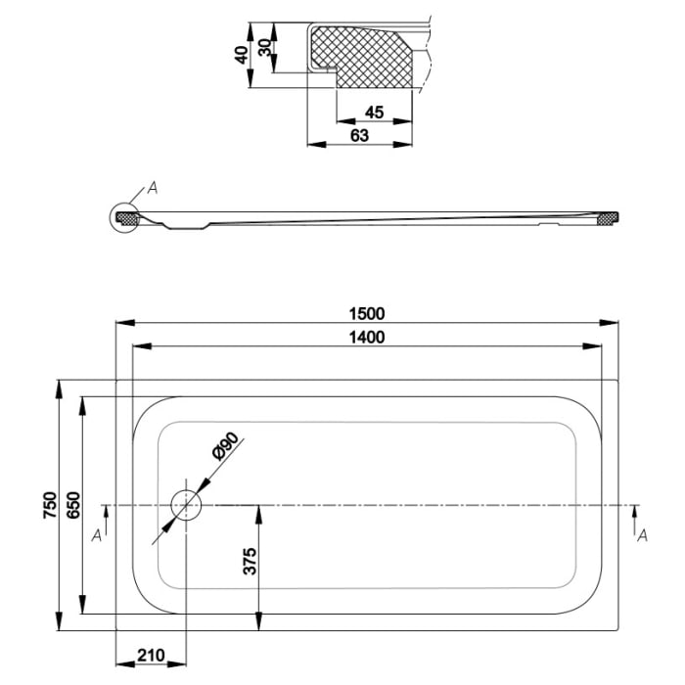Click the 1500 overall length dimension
coord(366,314)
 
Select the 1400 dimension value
coord(366,338)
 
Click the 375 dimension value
coord(250,561)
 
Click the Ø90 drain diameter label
coord(222,452)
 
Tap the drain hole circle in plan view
coord(185,505)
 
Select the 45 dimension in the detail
coord(373,112)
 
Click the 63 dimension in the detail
coord(359,135)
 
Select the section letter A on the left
coord(95,534)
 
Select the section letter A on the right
coord(642,534)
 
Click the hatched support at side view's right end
coord(610,217)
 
